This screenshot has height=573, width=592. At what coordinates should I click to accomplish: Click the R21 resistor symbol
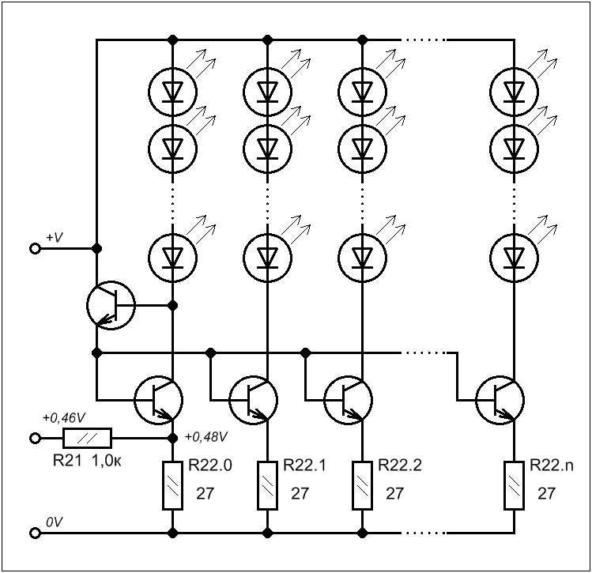[87, 438]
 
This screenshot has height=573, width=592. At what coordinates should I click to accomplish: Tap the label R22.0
[210, 466]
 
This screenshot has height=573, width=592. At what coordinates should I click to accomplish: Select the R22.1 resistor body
[268, 485]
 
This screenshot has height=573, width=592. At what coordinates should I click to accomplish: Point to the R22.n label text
[551, 466]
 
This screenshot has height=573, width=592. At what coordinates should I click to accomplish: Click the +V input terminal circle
[35, 248]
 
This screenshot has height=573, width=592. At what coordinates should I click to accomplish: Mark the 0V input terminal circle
[35, 533]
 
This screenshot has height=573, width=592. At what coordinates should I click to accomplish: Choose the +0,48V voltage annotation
[206, 437]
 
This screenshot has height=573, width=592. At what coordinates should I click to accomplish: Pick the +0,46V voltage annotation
[64, 418]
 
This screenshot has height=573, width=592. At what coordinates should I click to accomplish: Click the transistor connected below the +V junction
[111, 305]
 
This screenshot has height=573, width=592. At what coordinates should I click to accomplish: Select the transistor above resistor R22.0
[159, 400]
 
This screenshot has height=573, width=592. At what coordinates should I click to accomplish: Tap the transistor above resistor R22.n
[500, 400]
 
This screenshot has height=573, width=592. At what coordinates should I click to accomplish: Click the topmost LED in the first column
[172, 92]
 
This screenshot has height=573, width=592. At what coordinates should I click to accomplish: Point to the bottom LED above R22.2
[362, 258]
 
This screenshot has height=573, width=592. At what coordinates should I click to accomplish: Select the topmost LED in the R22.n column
[514, 92]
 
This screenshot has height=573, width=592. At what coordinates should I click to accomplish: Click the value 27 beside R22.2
[394, 493]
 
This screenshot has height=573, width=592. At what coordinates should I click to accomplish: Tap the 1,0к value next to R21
[107, 461]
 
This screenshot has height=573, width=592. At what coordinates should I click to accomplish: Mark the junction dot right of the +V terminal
[97, 248]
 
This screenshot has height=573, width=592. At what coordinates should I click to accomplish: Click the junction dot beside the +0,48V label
[172, 438]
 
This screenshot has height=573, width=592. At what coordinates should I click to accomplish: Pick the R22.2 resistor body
[363, 485]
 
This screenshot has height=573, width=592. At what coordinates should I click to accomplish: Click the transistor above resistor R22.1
[254, 400]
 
